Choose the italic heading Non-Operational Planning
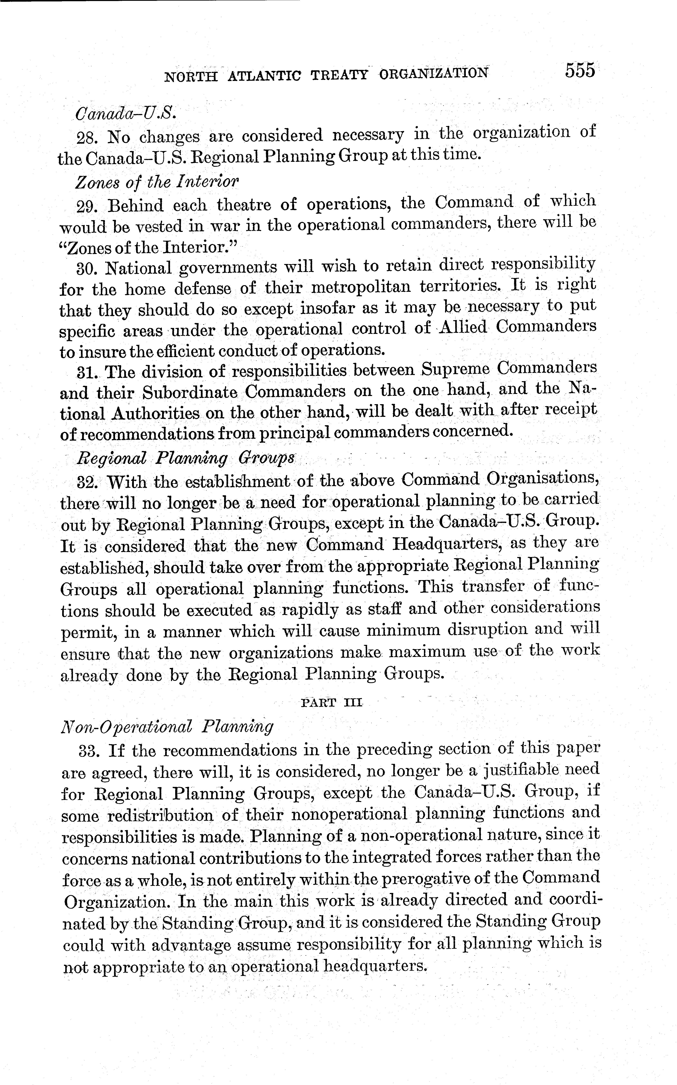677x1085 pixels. coord(167,726)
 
